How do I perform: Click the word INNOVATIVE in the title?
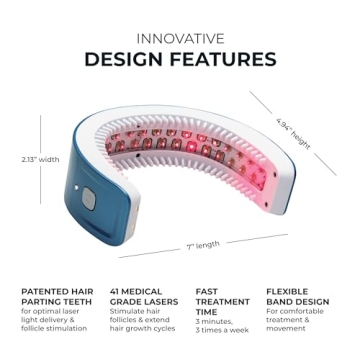coord(180,38)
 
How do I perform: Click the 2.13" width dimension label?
coord(38,158)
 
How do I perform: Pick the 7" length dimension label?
coord(205,244)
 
